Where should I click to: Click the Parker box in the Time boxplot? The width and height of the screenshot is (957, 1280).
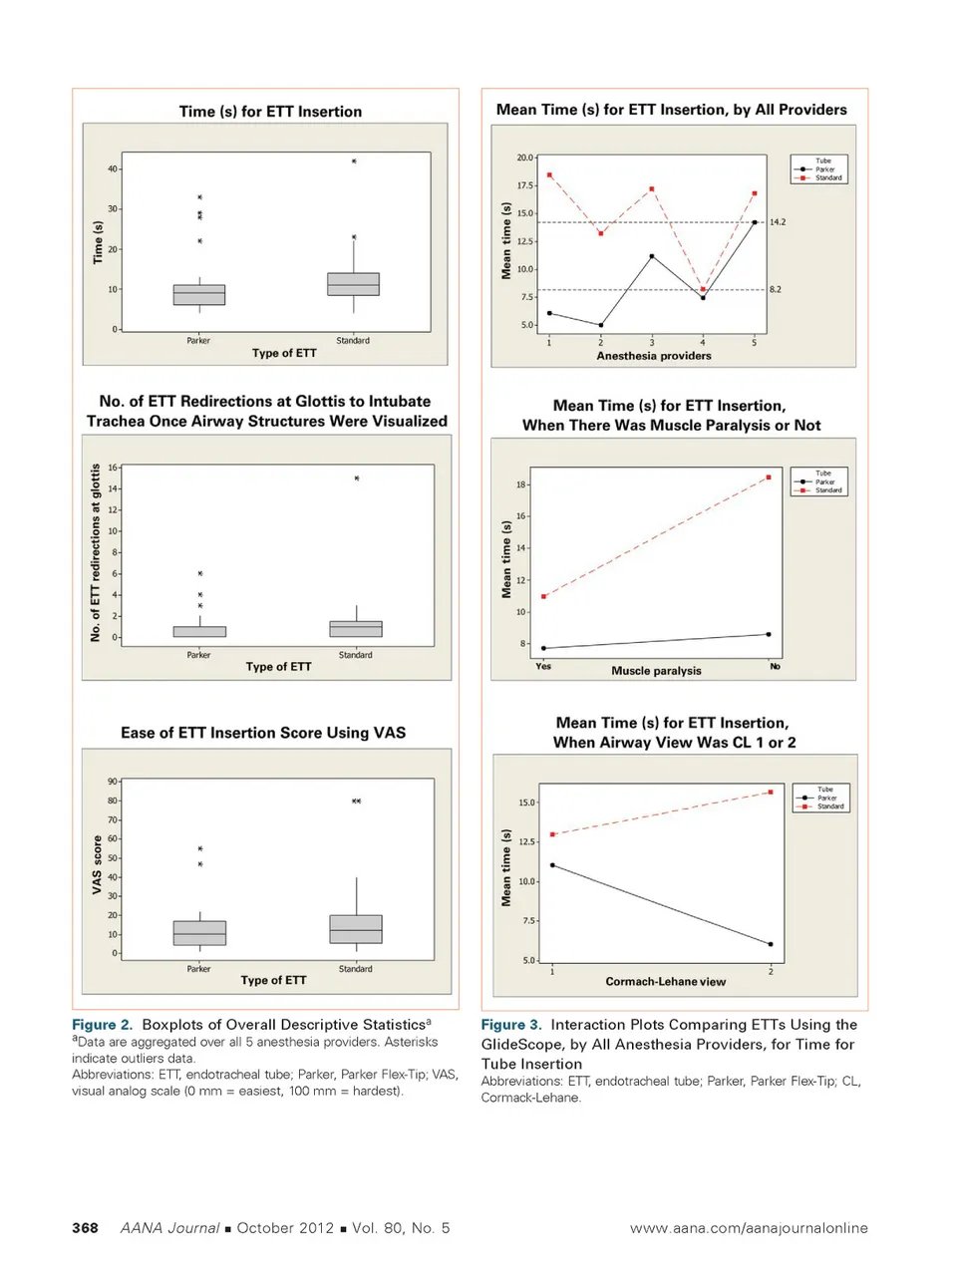tap(199, 295)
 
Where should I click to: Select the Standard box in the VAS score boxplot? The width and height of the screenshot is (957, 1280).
tap(356, 929)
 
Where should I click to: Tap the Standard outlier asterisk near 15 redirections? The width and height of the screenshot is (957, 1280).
tap(357, 479)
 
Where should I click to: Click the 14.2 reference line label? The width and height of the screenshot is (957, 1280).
tap(778, 222)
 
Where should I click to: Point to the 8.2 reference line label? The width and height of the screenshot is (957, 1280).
tap(776, 289)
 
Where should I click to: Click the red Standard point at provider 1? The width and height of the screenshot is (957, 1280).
tap(549, 175)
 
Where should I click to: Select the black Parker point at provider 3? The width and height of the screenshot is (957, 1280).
tap(652, 256)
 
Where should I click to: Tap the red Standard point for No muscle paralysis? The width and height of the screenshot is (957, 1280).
tap(769, 478)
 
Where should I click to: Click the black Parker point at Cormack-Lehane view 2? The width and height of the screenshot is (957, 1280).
tap(771, 944)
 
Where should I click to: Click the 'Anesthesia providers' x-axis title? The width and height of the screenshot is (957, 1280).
tap(654, 356)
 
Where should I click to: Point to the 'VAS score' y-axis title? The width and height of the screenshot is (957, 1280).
tap(97, 864)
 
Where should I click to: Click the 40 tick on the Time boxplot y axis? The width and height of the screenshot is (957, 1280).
tap(113, 168)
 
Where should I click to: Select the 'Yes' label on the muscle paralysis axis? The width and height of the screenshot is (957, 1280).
tap(543, 666)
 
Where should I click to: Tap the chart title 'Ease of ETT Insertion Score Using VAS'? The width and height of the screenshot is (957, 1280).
tap(263, 733)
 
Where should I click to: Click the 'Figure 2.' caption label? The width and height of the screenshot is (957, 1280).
tap(102, 1025)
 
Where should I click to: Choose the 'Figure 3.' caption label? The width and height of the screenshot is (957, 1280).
tap(511, 1025)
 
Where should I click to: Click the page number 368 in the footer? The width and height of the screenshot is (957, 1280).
tap(85, 1228)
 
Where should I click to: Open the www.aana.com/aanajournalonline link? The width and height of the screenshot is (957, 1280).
tap(749, 1228)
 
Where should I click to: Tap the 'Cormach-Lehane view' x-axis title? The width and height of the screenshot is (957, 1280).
tap(665, 982)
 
